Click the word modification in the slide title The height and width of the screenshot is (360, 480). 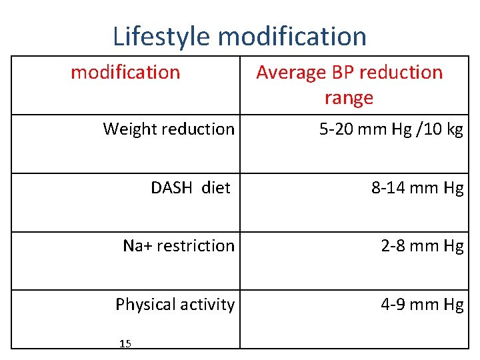293,36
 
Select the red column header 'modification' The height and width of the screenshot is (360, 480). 125,72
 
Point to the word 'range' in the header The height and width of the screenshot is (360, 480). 349,99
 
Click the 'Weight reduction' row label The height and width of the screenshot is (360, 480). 169,129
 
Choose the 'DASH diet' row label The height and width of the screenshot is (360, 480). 190,187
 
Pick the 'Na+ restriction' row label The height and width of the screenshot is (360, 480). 179,246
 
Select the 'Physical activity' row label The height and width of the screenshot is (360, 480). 175,305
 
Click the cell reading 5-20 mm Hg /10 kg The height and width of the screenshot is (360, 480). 391,129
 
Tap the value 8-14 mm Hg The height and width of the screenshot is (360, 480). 417,188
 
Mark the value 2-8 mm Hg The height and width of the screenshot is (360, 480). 421,246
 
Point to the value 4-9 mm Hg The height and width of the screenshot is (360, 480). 421,305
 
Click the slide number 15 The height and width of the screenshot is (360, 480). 125,343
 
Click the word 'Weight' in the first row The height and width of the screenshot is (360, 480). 128,129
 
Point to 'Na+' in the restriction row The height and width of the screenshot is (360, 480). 137,246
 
